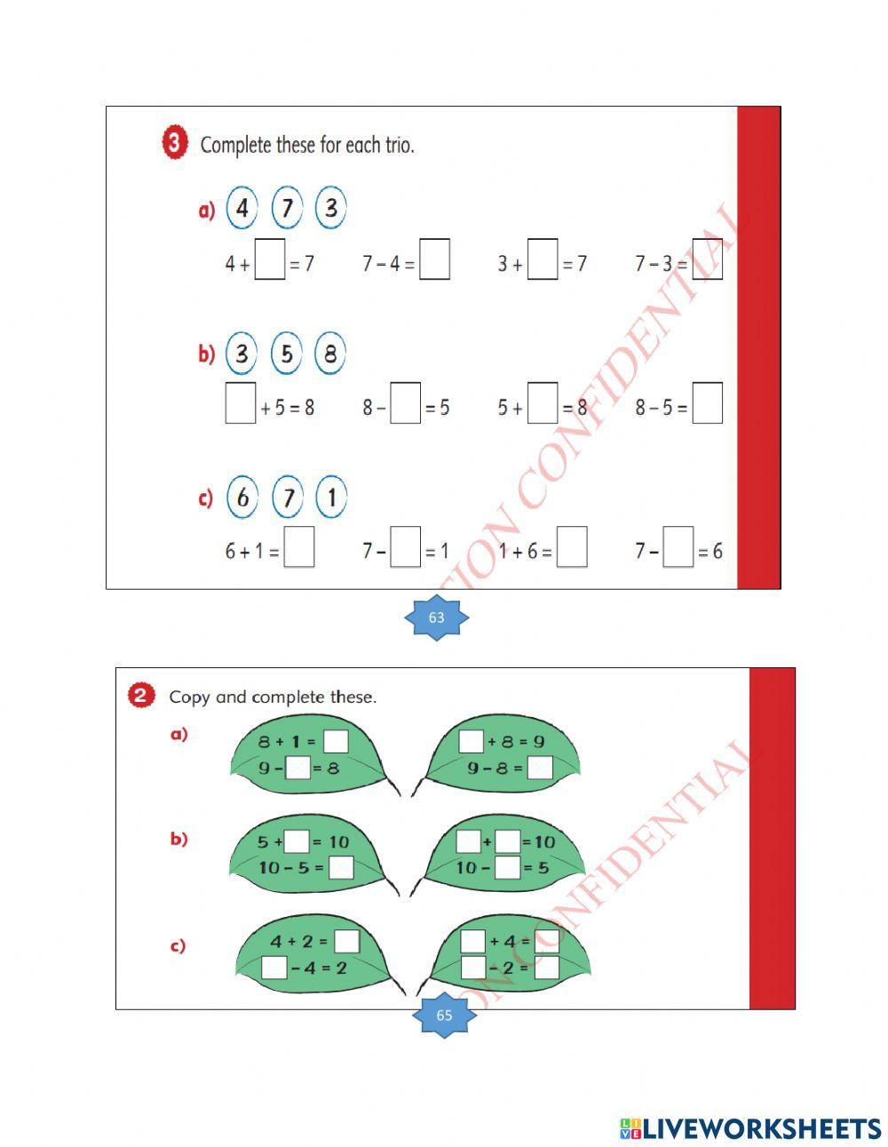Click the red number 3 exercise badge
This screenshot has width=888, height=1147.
click(x=175, y=143)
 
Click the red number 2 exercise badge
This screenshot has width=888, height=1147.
click(x=142, y=695)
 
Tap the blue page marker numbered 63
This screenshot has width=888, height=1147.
click(x=436, y=617)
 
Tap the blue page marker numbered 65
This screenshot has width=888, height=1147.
click(x=444, y=1015)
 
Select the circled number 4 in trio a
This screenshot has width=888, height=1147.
click(x=242, y=209)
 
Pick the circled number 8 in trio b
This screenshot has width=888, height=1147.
click(x=329, y=354)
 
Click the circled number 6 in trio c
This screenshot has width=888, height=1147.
click(x=242, y=498)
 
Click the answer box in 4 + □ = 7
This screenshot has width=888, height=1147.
click(x=270, y=260)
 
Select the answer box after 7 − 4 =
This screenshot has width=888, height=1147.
click(x=434, y=260)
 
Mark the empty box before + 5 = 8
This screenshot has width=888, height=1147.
click(x=241, y=404)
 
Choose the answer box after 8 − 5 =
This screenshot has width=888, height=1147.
click(x=707, y=404)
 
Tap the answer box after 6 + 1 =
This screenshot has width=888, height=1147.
click(x=299, y=548)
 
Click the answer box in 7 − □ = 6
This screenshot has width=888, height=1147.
click(x=678, y=548)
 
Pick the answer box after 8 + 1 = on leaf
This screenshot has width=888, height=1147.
click(x=336, y=741)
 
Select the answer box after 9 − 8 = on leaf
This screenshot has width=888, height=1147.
click(x=540, y=768)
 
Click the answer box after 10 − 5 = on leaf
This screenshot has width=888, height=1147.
click(x=341, y=867)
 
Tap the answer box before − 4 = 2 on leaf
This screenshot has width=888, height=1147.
click(x=274, y=968)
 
